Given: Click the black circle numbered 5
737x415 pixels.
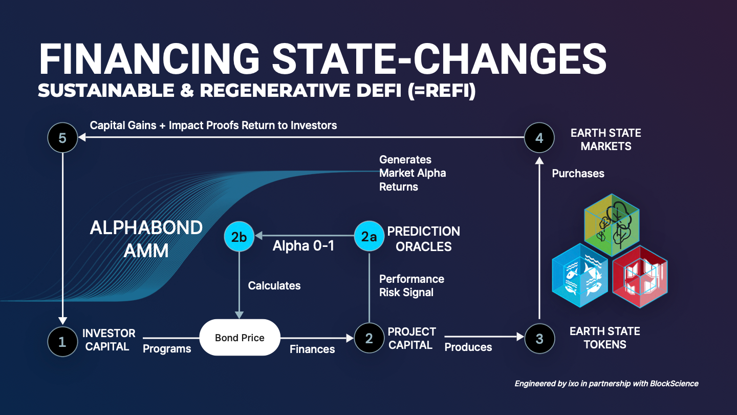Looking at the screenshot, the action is [62, 138].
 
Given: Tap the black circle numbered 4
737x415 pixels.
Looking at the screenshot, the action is [539, 138].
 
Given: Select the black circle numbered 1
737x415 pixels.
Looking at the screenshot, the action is [62, 342].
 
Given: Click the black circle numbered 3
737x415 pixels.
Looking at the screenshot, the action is [539, 338].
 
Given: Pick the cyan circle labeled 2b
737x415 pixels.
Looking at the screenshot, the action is [239, 237].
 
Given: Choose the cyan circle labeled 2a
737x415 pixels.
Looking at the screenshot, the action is [369, 236].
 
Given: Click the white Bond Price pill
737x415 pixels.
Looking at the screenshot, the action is [240, 337].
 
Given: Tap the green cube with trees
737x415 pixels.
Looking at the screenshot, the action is [612, 225].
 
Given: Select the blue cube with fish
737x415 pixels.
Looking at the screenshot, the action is [580, 275].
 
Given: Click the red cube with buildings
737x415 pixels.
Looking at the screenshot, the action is [640, 277].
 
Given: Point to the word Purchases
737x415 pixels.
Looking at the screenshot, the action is [578, 174].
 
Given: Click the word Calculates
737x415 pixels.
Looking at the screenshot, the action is [274, 285].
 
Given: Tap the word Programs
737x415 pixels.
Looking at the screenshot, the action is [167, 349].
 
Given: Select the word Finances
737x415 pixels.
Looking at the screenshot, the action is [312, 349].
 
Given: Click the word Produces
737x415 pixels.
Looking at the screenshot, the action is [468, 347].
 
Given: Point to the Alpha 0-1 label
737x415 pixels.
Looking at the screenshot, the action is [304, 246].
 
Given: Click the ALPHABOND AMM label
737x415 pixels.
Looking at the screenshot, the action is [146, 239].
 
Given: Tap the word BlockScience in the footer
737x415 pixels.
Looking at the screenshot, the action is [674, 384].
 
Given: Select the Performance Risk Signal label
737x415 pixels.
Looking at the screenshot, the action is [411, 285].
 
